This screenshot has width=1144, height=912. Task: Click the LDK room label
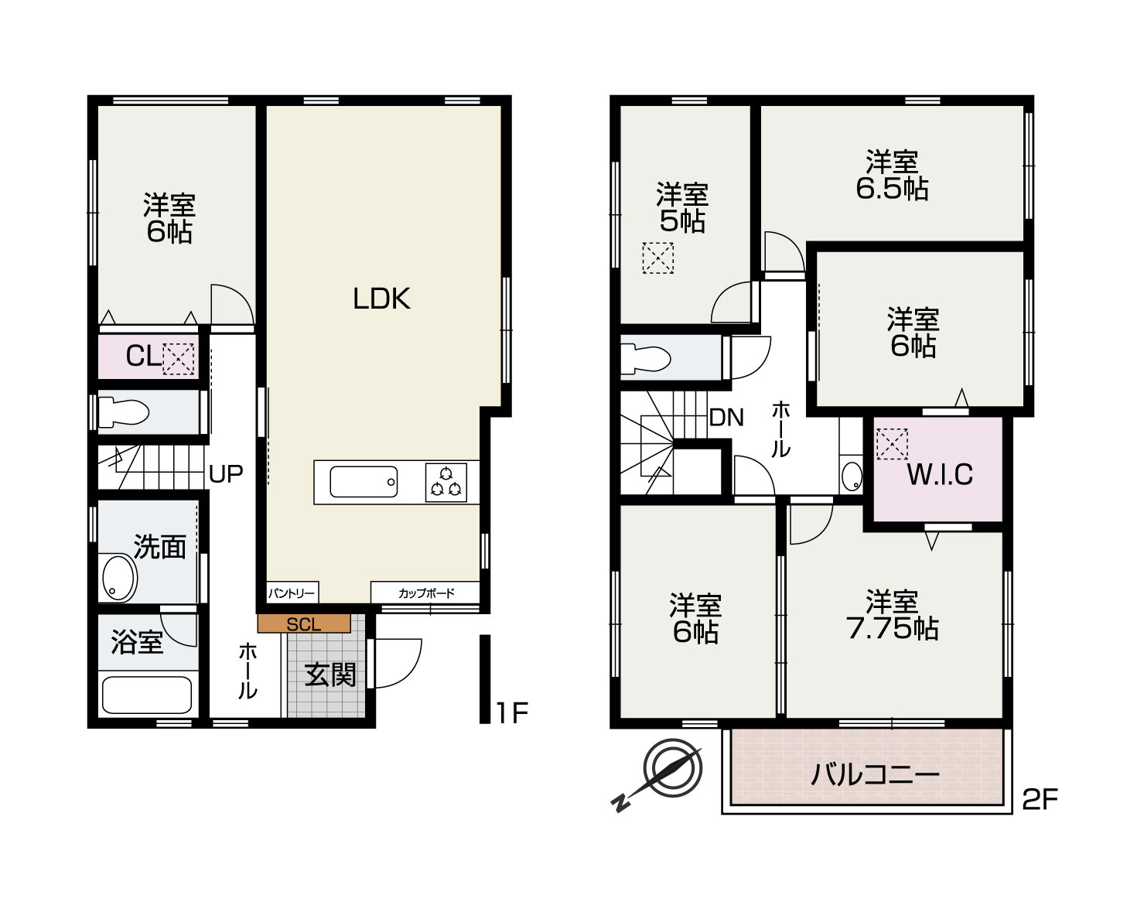[x=381, y=299]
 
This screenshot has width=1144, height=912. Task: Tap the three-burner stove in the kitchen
[x=446, y=483]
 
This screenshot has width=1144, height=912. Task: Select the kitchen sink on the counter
[x=364, y=482]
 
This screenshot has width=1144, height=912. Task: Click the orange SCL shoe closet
[x=303, y=623]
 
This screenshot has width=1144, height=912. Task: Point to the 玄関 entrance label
[x=330, y=675]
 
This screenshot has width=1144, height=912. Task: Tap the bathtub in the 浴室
[x=147, y=695]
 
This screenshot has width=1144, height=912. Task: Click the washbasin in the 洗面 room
[x=118, y=579]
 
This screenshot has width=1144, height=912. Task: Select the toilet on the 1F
[x=123, y=412]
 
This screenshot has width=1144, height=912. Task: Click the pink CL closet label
[x=143, y=356]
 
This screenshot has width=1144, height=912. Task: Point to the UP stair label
[x=226, y=473]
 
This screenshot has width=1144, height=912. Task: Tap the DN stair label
[x=726, y=418]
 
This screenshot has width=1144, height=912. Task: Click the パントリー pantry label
[x=291, y=593]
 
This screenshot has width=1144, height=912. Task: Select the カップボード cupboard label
[x=426, y=593]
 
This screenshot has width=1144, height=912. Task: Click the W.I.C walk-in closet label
[x=940, y=474]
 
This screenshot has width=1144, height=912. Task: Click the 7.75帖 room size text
[x=892, y=629]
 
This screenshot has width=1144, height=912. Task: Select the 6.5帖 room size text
[x=892, y=189]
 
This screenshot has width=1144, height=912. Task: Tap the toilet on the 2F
[x=645, y=359]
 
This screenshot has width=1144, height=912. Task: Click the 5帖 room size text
[x=682, y=221]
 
